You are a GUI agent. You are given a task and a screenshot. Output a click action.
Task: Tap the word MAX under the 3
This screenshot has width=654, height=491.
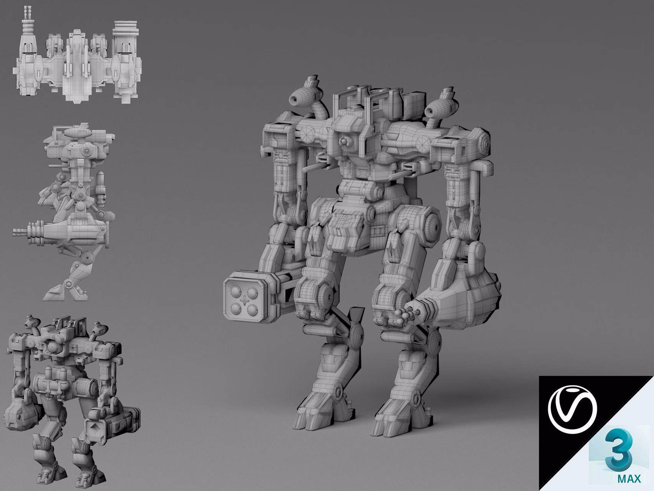629,479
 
